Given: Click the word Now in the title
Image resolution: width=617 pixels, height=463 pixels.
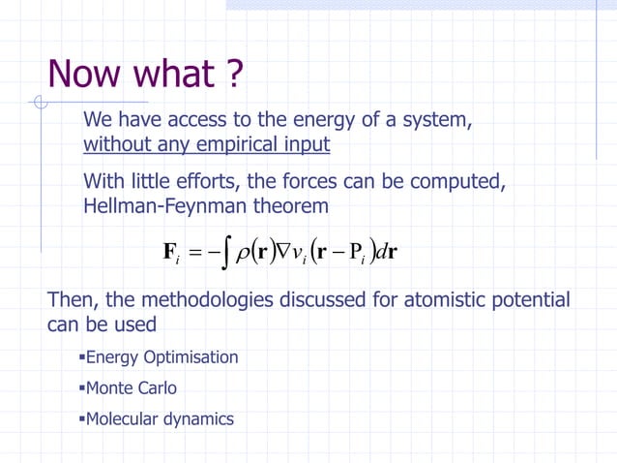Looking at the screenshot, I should [x=84, y=75].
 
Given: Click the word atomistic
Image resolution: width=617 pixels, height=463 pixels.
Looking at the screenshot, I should [x=450, y=300].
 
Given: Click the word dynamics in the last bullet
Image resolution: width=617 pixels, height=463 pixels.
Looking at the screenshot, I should [x=200, y=419].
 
